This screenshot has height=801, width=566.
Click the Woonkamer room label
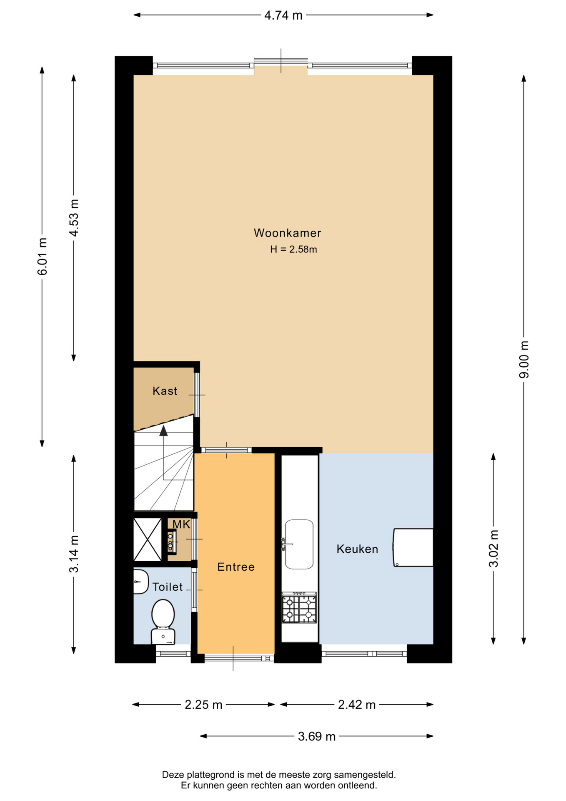tap(287, 233)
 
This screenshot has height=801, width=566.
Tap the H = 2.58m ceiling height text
tap(293, 249)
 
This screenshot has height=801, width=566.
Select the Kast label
tap(165, 391)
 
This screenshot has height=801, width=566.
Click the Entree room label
tap(236, 567)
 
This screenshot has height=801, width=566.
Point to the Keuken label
tap(357, 549)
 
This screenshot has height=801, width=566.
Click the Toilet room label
tap(167, 587)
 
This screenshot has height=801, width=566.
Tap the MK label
tap(181, 524)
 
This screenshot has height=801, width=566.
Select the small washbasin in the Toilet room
tap(141, 582)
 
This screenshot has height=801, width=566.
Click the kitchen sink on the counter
tap(299, 544)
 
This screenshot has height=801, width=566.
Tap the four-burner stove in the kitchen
tap(299, 608)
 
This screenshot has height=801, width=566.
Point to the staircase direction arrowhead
tap(163, 431)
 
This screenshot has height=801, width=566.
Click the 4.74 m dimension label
tap(283, 15)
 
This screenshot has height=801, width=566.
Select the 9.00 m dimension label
tap(524, 360)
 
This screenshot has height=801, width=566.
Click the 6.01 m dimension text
tap(42, 257)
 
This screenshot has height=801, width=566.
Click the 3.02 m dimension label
tap(493, 549)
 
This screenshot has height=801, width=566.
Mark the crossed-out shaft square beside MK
tap(148, 539)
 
